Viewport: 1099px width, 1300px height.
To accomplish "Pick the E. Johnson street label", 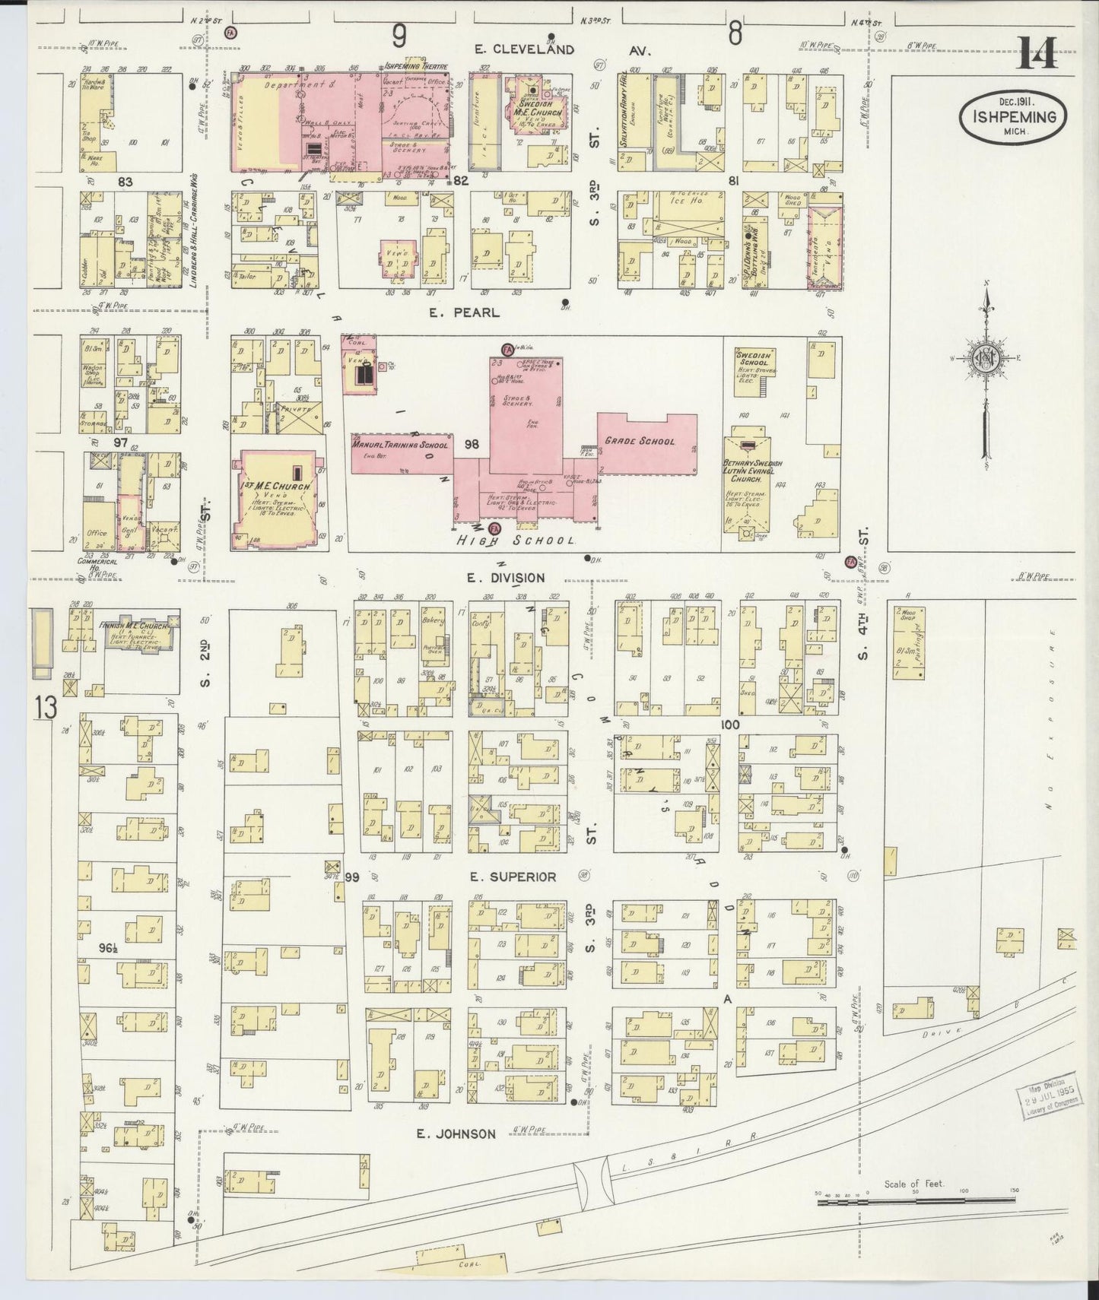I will pyautogui.click(x=456, y=1134).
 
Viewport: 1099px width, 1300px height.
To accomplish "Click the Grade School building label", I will pyautogui.click(x=639, y=441).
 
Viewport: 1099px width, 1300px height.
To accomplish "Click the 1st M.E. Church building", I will pyautogui.click(x=277, y=498).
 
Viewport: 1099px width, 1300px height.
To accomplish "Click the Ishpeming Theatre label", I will pyautogui.click(x=415, y=66).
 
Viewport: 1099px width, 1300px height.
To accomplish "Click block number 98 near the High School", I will pyautogui.click(x=472, y=444).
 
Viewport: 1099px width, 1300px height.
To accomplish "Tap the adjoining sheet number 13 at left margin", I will pyautogui.click(x=46, y=708).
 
